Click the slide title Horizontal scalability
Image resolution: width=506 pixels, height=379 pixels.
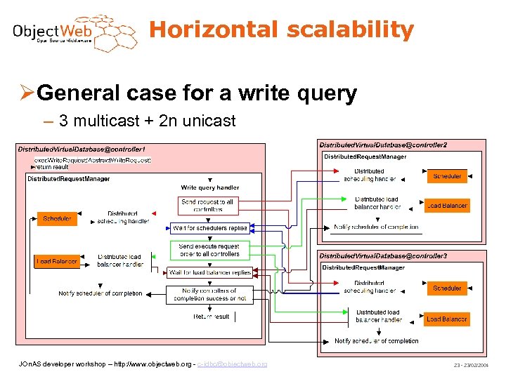(x=281, y=30)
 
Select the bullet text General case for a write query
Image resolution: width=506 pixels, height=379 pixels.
(x=196, y=93)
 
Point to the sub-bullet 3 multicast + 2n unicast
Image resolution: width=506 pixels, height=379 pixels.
(x=147, y=121)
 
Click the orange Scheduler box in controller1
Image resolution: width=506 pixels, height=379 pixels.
(x=57, y=219)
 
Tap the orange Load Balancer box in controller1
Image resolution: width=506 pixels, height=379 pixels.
(x=57, y=262)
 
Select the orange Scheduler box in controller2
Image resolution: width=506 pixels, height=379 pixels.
(x=447, y=176)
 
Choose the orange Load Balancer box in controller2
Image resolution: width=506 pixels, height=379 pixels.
(x=447, y=206)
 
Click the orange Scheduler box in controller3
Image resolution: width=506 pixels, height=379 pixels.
(x=447, y=288)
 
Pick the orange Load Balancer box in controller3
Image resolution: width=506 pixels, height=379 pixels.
(x=447, y=319)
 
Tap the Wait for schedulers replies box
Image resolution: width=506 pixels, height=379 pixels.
(x=209, y=228)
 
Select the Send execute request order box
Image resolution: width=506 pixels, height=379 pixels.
(x=209, y=250)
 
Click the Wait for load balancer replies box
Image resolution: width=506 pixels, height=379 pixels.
(x=209, y=272)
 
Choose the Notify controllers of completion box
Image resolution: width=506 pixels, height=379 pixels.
(x=209, y=295)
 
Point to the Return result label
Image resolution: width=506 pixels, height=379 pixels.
(x=212, y=317)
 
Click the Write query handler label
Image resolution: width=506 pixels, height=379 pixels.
(x=209, y=187)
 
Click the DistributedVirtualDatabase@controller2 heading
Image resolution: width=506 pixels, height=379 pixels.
(x=382, y=145)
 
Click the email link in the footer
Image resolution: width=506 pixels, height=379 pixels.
(x=232, y=364)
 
